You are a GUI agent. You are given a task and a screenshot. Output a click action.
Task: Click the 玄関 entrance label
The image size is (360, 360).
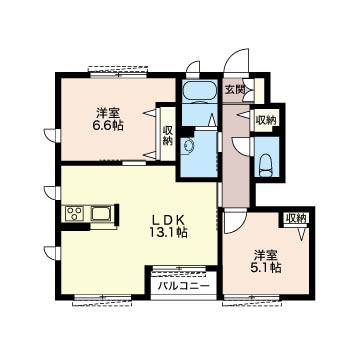coord(234,89)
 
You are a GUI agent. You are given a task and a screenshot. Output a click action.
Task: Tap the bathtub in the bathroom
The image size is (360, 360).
coord(199,90)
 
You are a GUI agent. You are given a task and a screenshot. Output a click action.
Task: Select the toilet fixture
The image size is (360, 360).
coord(266,165)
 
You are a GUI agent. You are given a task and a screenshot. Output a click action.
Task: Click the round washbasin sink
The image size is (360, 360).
coord(189,146)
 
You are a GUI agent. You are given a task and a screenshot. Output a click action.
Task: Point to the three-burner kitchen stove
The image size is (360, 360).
coord(75,213)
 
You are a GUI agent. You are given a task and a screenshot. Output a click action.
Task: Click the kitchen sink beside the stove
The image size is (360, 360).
coord(101,213)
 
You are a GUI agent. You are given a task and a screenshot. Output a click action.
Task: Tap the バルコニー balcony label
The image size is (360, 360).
coord(184,286)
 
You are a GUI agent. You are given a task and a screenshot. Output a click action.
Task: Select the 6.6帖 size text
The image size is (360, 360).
coord(108,126)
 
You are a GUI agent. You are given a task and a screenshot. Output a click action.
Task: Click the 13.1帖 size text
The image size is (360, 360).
coord(168,232)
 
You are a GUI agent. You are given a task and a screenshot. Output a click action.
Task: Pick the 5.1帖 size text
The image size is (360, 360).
coord(266,268)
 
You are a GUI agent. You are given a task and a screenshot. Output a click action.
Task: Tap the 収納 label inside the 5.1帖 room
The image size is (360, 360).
coord(296,219)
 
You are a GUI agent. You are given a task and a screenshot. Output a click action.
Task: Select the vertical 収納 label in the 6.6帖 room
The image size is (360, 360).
coord(168,136)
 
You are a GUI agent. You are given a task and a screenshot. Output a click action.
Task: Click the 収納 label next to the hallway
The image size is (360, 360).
coord(266,120)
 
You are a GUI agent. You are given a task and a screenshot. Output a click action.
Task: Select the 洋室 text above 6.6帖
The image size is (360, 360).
coord(109,113)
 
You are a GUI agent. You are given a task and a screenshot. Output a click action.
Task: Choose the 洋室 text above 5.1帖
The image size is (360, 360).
coord(266,255)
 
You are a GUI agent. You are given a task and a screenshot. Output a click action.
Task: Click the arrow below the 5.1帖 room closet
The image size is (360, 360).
coord(302,232)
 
